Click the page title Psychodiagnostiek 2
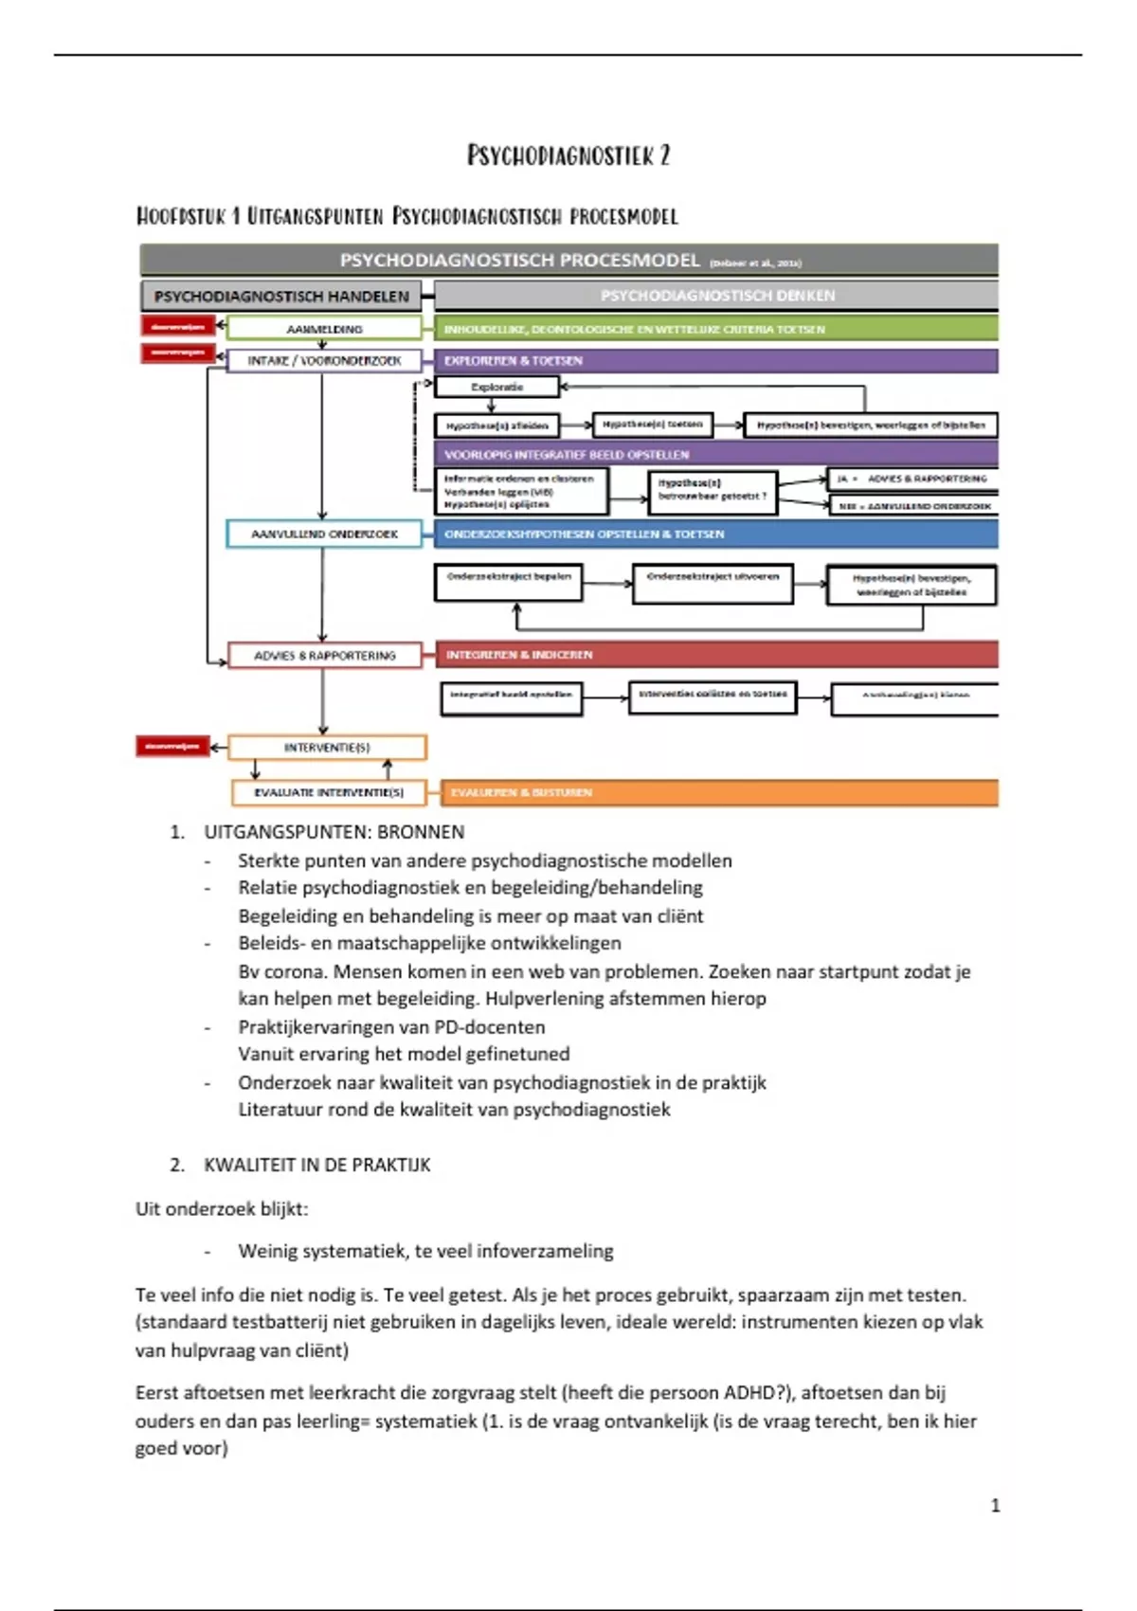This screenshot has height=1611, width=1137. point(568,155)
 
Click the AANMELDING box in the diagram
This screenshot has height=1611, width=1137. point(324,329)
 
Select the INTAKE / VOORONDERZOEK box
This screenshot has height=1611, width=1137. point(324,361)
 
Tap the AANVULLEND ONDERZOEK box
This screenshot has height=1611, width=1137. point(324,534)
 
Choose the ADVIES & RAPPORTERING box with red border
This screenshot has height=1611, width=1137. point(324,656)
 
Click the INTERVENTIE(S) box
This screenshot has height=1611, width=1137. point(327,748)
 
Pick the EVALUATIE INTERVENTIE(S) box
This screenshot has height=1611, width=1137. point(328,792)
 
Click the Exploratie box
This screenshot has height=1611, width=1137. point(496,387)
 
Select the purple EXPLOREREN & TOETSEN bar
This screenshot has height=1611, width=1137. point(715,361)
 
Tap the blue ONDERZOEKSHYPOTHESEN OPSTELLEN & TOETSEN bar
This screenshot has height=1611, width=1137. point(715,534)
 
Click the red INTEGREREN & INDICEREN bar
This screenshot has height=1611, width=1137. point(715,655)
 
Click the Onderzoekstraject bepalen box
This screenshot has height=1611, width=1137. point(509,583)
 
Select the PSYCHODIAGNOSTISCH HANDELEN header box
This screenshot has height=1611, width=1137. point(281,297)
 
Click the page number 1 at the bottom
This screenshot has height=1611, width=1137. point(995,1506)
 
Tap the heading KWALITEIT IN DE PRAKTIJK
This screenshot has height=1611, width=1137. point(316,1165)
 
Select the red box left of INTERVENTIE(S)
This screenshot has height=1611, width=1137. point(172,747)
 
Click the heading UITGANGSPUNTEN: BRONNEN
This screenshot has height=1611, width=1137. point(334,832)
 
